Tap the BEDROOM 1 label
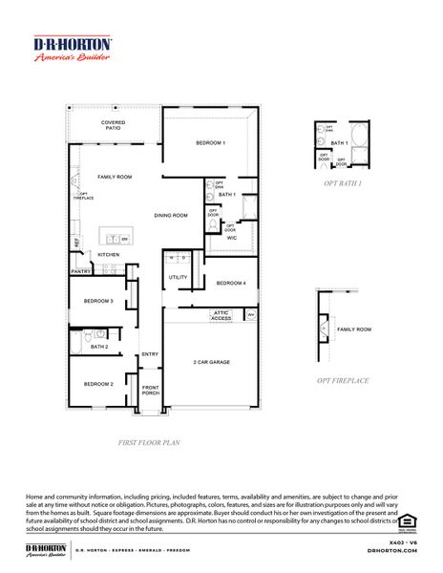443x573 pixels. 210,142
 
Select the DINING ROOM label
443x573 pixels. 171,215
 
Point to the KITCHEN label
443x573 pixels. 108,254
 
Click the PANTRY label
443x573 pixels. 80,272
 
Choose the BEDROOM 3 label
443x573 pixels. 97,302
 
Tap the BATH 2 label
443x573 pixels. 99,347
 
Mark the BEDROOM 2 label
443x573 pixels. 97,384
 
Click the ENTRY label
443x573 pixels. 150,354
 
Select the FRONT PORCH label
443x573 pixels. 150,391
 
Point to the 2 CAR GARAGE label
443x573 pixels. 212,362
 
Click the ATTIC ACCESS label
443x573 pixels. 221,316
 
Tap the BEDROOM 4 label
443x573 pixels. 230,283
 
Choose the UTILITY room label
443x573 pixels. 178,277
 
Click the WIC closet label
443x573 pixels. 231,238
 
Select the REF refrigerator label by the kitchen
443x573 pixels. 75,243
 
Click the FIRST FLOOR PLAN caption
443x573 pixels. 149,442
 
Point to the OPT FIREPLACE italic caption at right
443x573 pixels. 343,380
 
